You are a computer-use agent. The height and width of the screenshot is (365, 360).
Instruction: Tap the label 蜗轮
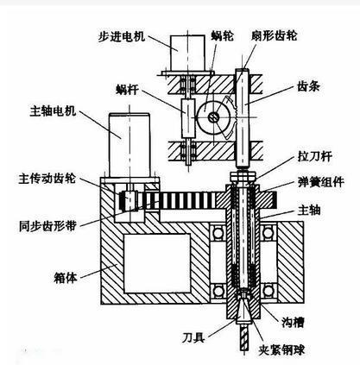222,38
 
